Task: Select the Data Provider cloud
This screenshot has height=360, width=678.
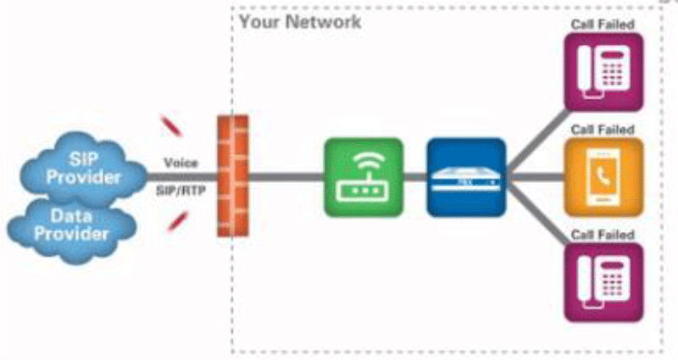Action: pos(73,224)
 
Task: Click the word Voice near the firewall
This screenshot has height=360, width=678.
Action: pos(181,162)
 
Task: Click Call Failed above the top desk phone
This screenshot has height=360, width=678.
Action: pos(603,24)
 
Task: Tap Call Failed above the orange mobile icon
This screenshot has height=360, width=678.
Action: pos(603,129)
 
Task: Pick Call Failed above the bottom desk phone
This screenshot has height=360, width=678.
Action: pos(603,234)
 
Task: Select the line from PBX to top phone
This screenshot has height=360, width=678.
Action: pos(538,135)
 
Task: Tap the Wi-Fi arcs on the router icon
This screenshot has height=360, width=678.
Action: pos(363,163)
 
